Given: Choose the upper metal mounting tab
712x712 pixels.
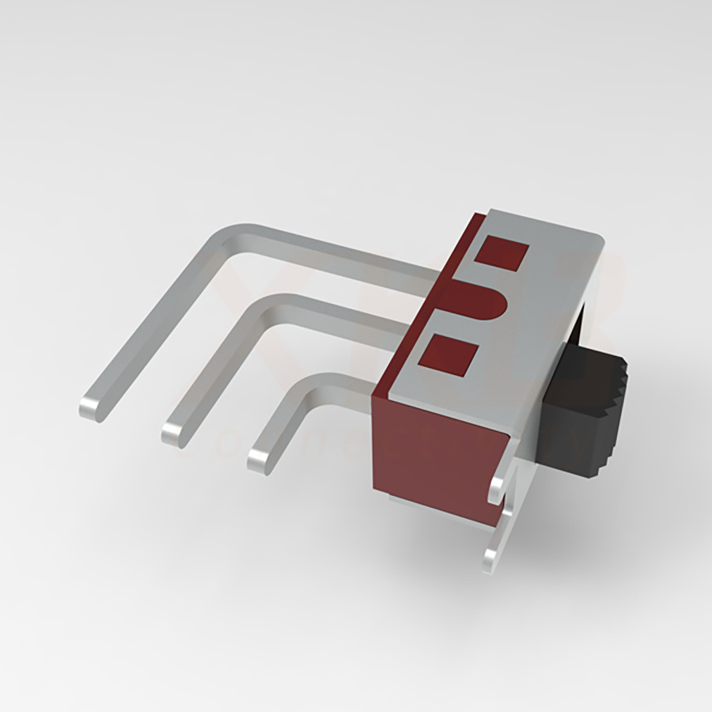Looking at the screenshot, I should click(499, 487).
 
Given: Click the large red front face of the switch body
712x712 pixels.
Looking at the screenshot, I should click(435, 459).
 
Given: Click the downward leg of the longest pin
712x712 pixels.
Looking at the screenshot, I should click(158, 324).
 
